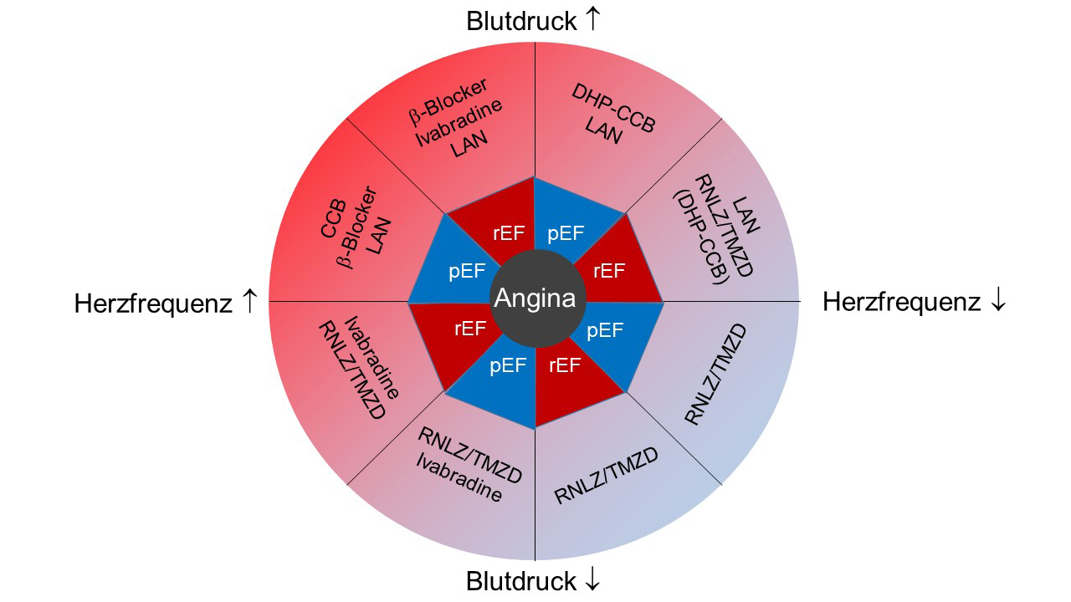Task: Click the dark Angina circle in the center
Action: click(535, 298)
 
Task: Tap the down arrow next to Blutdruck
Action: click(592, 579)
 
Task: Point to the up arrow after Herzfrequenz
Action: click(249, 302)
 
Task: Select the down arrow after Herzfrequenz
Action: click(997, 301)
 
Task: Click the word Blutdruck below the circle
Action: click(521, 580)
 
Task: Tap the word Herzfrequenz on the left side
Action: click(152, 303)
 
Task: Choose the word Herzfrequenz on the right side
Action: click(901, 302)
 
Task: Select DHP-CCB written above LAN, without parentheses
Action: click(613, 107)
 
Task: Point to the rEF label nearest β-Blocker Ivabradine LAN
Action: click(509, 235)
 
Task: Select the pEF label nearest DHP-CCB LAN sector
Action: click(566, 233)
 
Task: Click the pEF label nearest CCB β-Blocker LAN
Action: click(467, 272)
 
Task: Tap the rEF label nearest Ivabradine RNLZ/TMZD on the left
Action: click(470, 329)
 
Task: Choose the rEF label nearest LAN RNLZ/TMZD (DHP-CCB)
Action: click(608, 271)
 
